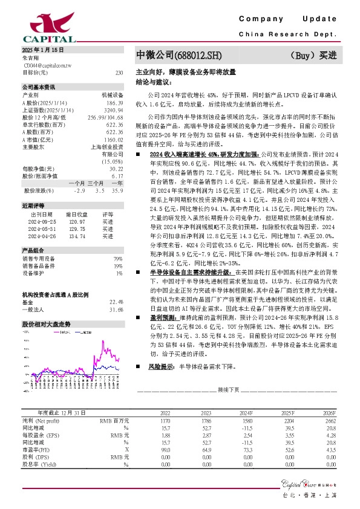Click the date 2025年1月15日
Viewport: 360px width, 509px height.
pyautogui.click(x=42, y=50)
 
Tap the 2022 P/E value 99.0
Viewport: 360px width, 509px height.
pyautogui.click(x=165, y=450)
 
